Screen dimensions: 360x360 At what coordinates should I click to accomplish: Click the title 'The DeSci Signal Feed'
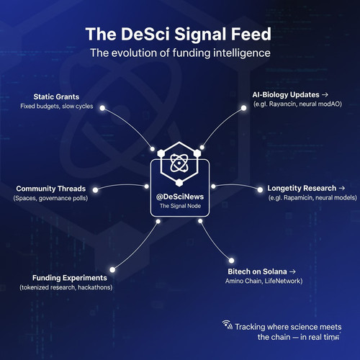179,34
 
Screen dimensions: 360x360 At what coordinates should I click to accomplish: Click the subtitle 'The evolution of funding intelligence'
180,53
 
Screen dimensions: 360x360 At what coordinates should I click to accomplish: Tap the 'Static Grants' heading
56,96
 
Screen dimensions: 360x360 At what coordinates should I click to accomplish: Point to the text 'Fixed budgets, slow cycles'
57,106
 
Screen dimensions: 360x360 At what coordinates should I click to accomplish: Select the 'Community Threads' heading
51,189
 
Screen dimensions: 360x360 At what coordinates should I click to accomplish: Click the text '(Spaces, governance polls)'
50,198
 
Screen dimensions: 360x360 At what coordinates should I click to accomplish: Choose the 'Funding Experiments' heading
70,278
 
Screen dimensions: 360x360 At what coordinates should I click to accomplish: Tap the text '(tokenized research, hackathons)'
66,287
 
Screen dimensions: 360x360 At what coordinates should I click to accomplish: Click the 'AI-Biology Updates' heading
286,95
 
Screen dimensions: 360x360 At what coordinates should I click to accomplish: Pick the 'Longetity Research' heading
302,189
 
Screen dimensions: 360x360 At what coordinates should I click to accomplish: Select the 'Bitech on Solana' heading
257,271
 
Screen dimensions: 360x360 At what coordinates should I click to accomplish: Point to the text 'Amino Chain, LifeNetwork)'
264,281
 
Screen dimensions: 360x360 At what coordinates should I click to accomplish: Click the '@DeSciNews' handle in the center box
180,197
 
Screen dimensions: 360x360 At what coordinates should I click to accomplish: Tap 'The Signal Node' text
180,206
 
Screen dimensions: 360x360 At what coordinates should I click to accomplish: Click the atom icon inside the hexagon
179,163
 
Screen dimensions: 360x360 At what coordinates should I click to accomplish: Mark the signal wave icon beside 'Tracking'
227,325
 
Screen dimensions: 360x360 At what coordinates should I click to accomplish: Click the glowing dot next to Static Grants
102,108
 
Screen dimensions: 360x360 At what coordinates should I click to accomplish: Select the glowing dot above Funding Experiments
112,270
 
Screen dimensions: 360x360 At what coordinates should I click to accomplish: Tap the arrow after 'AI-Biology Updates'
325,95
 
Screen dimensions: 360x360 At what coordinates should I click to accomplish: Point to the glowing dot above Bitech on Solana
231,261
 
